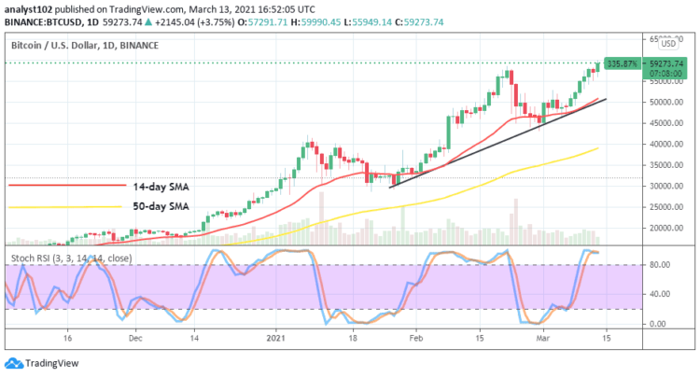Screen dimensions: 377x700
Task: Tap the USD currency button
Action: tap(668, 43)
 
